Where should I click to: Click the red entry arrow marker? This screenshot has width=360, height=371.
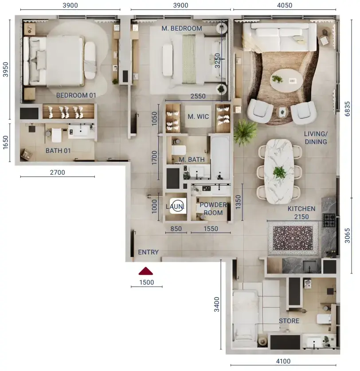pyautogui.click(x=145, y=271)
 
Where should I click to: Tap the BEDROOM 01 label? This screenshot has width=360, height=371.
pyautogui.click(x=76, y=95)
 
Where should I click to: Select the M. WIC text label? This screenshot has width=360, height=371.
pyautogui.click(x=198, y=117)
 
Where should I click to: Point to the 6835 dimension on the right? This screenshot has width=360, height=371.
pyautogui.click(x=347, y=109)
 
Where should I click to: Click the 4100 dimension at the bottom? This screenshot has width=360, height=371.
pyautogui.click(x=283, y=361)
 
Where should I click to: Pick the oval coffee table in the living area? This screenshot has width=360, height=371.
pyautogui.click(x=286, y=80)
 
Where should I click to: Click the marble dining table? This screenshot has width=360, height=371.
pyautogui.click(x=279, y=171)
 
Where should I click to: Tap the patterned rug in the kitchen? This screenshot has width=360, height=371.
pyautogui.click(x=293, y=238)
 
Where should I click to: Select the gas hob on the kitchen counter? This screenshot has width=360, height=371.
pyautogui.click(x=329, y=220)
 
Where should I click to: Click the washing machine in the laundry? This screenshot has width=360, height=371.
pyautogui.click(x=178, y=206)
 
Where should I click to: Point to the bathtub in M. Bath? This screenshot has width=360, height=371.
pyautogui.click(x=220, y=159)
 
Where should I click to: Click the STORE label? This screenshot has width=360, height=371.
pyautogui.click(x=289, y=321)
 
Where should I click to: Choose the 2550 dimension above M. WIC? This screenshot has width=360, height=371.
pyautogui.click(x=198, y=96)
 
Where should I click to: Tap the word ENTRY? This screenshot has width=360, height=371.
pyautogui.click(x=148, y=252)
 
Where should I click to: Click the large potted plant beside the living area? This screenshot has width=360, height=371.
pyautogui.click(x=245, y=132)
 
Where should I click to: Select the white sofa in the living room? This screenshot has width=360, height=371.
pyautogui.click(x=280, y=37)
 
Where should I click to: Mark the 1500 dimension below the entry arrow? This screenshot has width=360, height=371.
pyautogui.click(x=146, y=282)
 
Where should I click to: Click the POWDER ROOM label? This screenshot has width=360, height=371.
pyautogui.click(x=213, y=209)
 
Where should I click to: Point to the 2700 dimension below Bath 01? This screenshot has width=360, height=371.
pyautogui.click(x=57, y=172)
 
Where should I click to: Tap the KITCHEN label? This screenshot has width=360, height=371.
pyautogui.click(x=301, y=209)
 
